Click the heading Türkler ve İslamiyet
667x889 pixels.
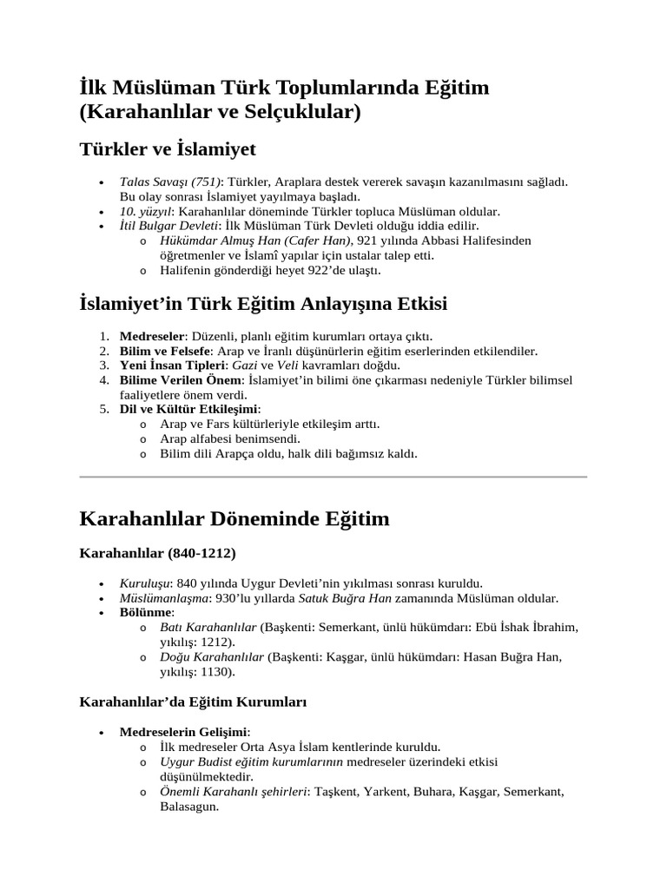tap(167, 149)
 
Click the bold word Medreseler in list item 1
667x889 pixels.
tap(152, 336)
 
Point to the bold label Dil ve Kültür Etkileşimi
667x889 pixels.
tap(188, 409)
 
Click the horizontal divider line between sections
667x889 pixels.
tap(333, 477)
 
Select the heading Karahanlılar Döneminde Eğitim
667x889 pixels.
tap(234, 519)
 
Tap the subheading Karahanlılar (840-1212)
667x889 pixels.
tap(157, 552)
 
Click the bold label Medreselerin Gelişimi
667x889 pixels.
tap(182, 732)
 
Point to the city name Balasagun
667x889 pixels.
tap(188, 806)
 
